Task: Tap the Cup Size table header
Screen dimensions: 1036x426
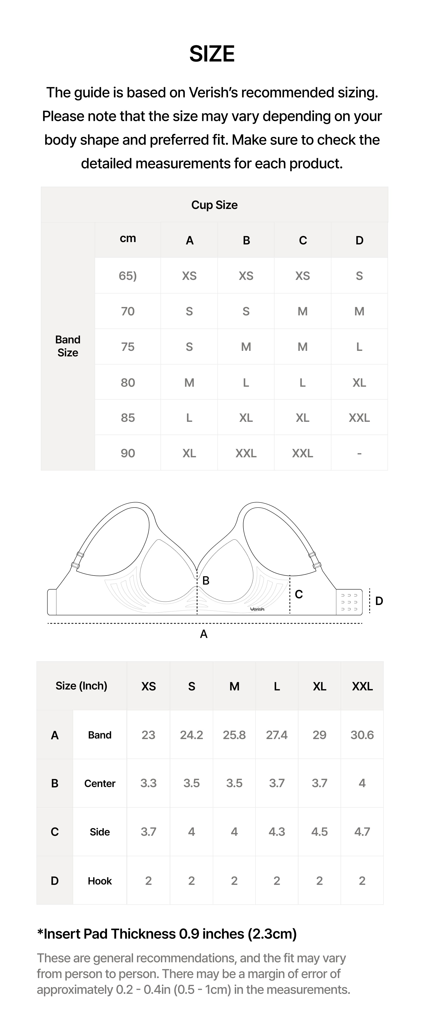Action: (214, 205)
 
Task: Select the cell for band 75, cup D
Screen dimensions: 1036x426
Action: (359, 347)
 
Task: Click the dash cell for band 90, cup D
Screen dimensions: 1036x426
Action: (359, 453)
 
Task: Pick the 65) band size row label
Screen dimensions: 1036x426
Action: (128, 276)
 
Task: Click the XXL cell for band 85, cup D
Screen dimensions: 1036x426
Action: (359, 418)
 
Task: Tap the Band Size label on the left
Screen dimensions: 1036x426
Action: (68, 346)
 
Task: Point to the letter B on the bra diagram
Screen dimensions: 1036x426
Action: (206, 580)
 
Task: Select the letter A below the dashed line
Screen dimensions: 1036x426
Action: (204, 634)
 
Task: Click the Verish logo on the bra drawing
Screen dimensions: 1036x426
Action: (257, 609)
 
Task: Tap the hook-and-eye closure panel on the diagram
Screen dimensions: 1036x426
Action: (349, 602)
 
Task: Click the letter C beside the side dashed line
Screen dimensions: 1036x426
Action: (298, 594)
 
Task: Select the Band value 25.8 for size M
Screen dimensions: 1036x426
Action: (234, 735)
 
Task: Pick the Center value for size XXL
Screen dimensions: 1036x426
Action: (362, 783)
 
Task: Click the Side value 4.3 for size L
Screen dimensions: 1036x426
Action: (277, 832)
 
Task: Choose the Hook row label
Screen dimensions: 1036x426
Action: (99, 881)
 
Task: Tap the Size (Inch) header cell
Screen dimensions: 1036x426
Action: (81, 686)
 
